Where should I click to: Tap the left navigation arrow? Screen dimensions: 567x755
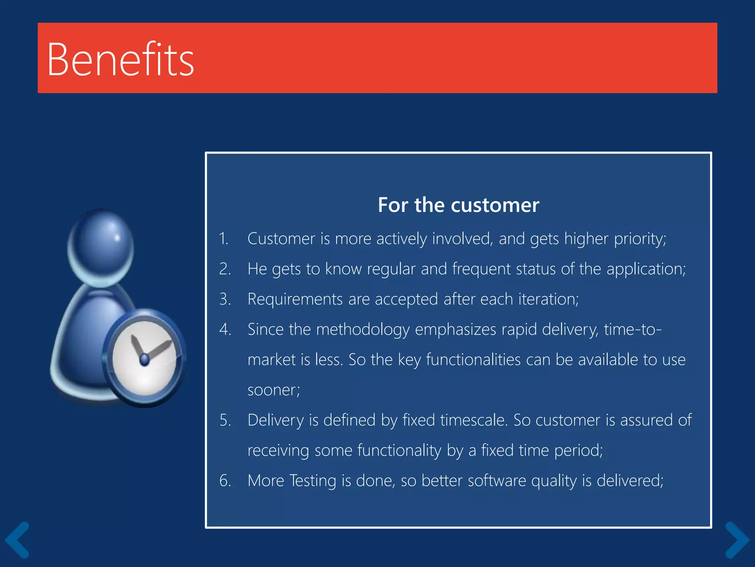[17, 540]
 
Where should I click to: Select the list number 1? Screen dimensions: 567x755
[223, 239]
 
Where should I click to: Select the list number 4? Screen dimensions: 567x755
[225, 329]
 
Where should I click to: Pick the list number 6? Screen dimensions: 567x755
[225, 481]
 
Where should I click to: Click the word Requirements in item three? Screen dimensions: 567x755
[295, 299]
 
